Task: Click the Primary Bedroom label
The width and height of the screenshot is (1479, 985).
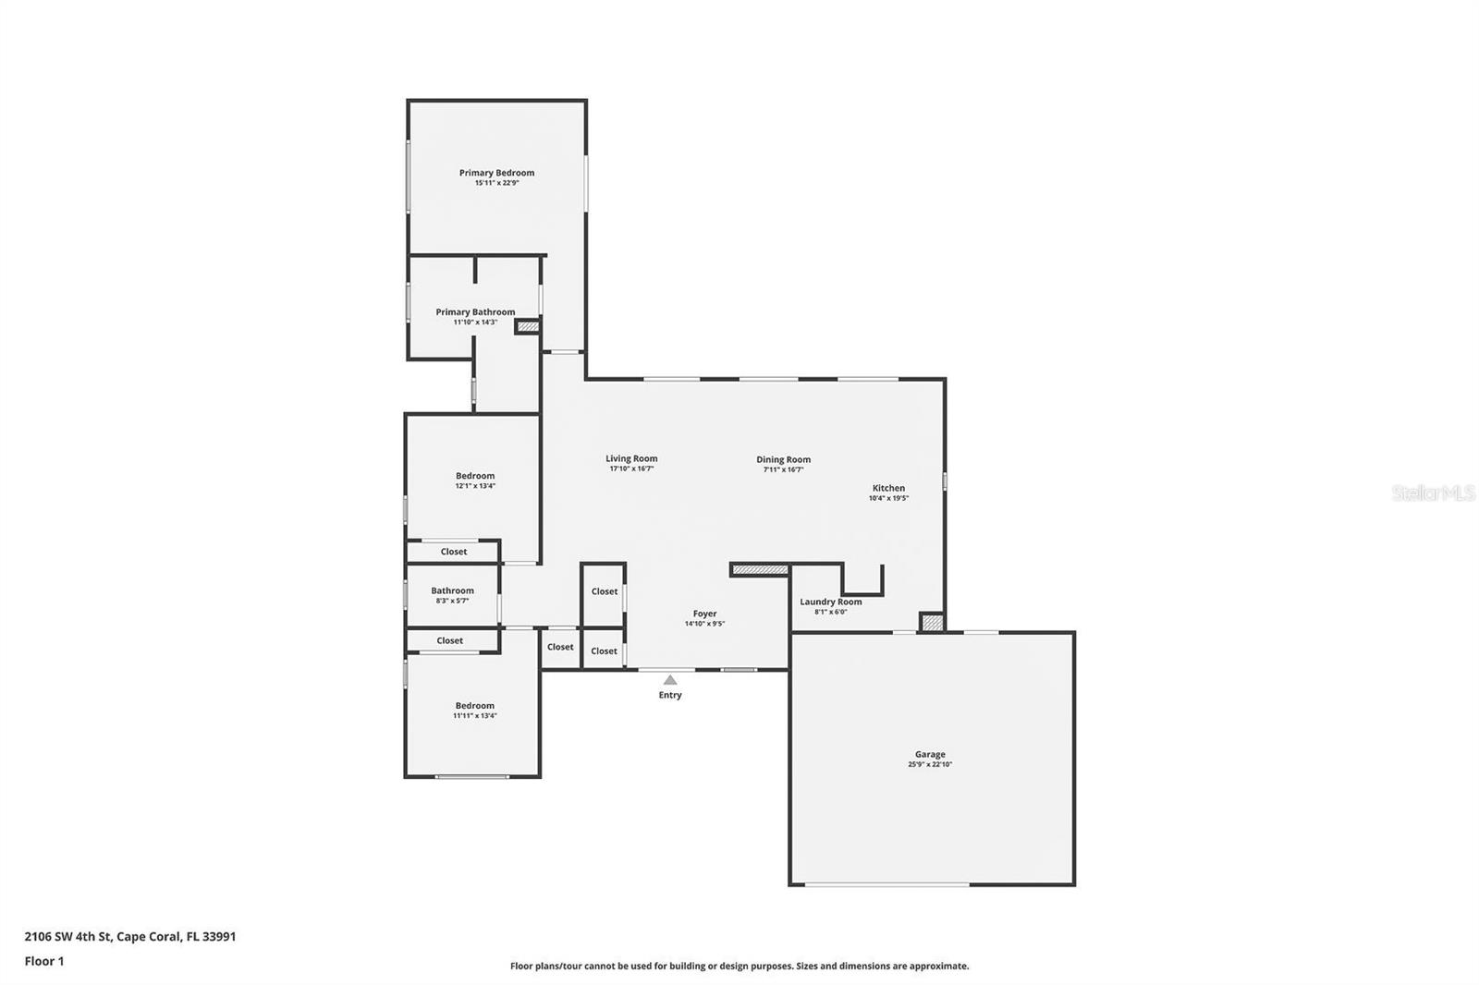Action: pyautogui.click(x=496, y=173)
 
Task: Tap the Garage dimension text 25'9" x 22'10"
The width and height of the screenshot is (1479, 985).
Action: pyautogui.click(x=930, y=765)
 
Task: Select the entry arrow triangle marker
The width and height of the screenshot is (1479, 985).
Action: pyautogui.click(x=670, y=680)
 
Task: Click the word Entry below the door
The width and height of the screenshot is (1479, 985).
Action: pyautogui.click(x=670, y=696)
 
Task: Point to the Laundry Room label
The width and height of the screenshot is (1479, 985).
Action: pyautogui.click(x=830, y=602)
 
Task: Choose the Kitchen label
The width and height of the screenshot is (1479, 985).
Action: pyautogui.click(x=888, y=488)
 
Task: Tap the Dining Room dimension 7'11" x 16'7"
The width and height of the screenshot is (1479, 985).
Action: pyautogui.click(x=783, y=469)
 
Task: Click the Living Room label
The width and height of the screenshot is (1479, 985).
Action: pyautogui.click(x=631, y=458)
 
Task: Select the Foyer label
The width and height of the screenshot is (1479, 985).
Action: pyautogui.click(x=704, y=614)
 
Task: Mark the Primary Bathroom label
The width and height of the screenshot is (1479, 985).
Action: pyautogui.click(x=475, y=312)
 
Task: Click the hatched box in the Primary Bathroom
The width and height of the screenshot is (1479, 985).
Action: pyautogui.click(x=527, y=326)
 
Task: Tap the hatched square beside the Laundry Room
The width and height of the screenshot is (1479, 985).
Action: pyautogui.click(x=932, y=623)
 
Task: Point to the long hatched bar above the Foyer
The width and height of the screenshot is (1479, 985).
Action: pyautogui.click(x=760, y=570)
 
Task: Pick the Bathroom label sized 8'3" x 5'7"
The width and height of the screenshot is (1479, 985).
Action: pyautogui.click(x=452, y=590)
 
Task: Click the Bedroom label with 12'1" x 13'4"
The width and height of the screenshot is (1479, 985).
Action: pyautogui.click(x=475, y=476)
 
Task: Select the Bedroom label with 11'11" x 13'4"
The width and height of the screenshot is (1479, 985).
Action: pyautogui.click(x=474, y=706)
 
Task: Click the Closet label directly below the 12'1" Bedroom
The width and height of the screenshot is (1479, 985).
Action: pyautogui.click(x=454, y=552)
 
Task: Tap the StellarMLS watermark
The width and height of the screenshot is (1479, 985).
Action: pyautogui.click(x=1433, y=493)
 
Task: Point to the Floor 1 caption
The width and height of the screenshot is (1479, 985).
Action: pyautogui.click(x=44, y=961)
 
